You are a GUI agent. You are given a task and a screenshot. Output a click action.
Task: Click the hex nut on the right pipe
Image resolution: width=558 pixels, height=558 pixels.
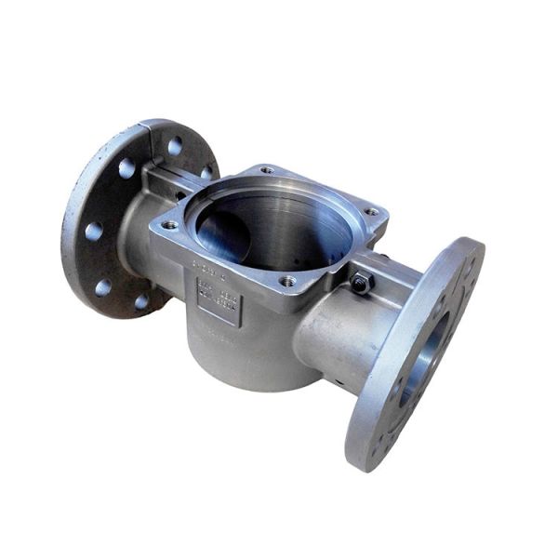(x=362, y=282)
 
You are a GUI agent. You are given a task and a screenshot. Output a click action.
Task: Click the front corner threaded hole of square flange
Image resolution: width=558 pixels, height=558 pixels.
(x=288, y=280)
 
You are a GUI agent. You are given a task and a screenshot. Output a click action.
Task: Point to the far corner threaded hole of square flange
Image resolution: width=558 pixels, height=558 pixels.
(x=267, y=171)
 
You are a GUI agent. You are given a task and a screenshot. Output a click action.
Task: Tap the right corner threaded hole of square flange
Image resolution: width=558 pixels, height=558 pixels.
(x=372, y=212)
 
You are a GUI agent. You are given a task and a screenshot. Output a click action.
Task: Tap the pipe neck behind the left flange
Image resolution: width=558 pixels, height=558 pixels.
(x=139, y=232)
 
